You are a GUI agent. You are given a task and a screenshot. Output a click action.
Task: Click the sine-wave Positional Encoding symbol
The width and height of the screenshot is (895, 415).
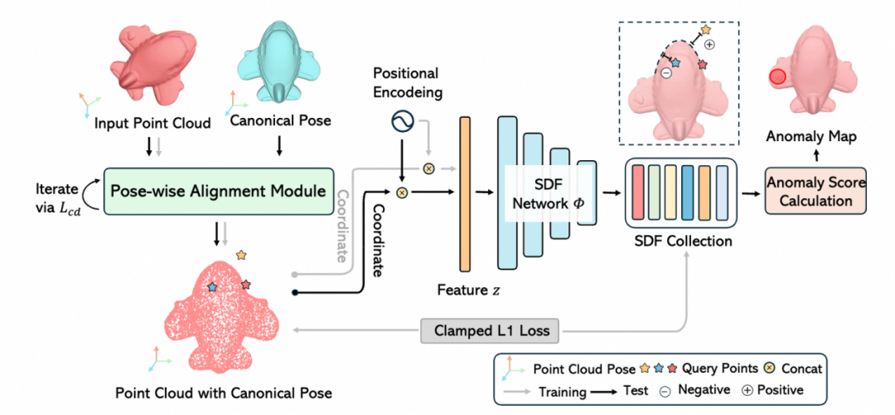point(403,124)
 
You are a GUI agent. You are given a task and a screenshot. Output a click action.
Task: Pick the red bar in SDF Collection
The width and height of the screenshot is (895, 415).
point(638,193)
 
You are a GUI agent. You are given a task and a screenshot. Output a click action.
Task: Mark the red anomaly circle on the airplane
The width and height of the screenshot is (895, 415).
point(777,78)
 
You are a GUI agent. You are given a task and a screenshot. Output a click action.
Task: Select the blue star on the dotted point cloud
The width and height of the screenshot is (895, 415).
point(212,286)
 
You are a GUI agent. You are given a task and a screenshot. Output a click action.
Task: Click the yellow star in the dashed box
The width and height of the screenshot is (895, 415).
point(706,30)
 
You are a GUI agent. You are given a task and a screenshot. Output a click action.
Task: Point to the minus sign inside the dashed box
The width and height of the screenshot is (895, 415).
point(665,73)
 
